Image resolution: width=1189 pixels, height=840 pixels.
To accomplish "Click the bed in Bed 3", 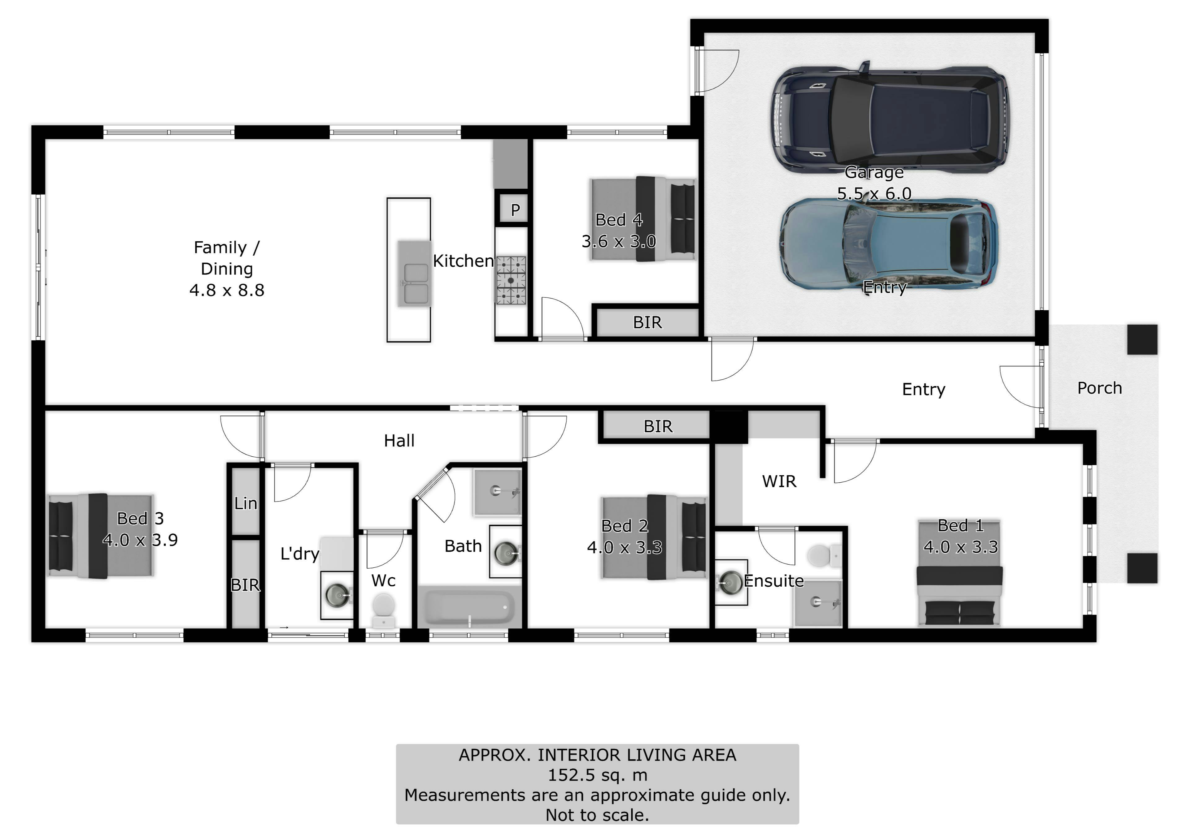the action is tap(101, 535).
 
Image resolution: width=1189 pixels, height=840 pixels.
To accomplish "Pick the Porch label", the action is tap(1100, 388).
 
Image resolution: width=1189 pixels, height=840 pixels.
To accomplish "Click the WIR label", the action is tap(779, 481).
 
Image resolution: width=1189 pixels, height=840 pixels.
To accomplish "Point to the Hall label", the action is tap(399, 441).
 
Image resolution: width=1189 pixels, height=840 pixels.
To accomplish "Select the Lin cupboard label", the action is tap(246, 503).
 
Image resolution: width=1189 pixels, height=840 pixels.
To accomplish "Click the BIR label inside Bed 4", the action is tap(647, 322).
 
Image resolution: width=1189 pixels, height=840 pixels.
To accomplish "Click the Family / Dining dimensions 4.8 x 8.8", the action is tap(227, 290).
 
